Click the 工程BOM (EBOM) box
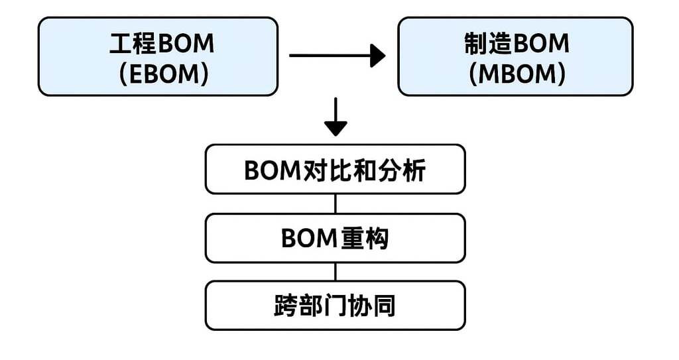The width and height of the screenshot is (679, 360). coord(158,56)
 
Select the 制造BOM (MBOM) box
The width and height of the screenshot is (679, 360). coord(515,56)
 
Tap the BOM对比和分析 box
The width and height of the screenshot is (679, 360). coord(335,169)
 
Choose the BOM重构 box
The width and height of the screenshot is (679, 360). coord(335,237)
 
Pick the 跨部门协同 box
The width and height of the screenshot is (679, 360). coord(335,305)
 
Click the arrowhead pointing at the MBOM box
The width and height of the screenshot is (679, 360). coord(377,56)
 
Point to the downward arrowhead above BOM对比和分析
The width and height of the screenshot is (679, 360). coord(336,128)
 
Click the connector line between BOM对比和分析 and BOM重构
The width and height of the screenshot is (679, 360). coord(336,204)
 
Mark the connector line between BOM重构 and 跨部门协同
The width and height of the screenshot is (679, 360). coord(336,272)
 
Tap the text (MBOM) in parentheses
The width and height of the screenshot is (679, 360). coord(517,73)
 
